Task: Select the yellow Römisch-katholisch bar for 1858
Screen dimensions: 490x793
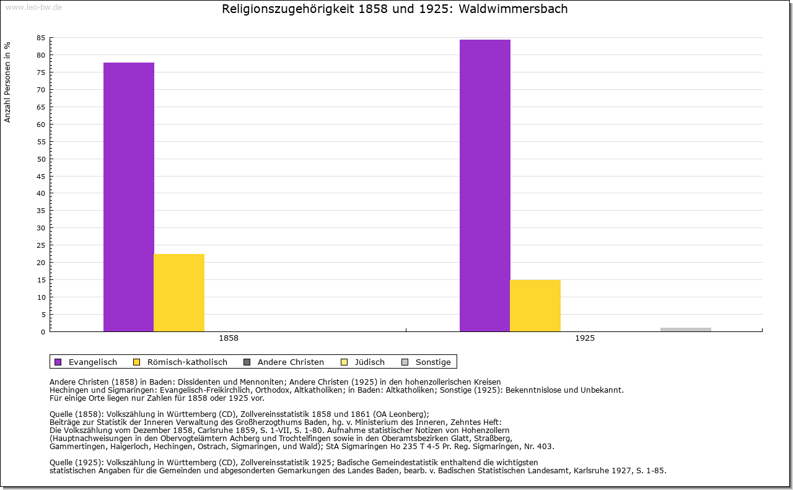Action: (x=179, y=292)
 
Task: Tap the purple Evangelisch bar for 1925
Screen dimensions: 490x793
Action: (x=485, y=185)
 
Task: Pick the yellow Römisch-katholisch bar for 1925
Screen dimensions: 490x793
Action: (x=535, y=305)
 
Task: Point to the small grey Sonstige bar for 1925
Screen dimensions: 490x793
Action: (x=685, y=330)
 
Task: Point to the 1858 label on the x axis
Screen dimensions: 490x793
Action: (x=229, y=339)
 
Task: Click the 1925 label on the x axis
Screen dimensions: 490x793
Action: (x=585, y=339)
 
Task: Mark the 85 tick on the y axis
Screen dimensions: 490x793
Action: (x=41, y=38)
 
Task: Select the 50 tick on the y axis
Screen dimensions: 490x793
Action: (x=41, y=159)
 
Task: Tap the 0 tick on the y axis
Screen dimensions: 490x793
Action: (x=43, y=332)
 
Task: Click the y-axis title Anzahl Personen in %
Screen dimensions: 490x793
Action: (x=7, y=82)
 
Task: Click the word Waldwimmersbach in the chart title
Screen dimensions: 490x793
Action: (x=513, y=9)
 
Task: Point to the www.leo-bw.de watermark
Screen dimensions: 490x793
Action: (x=33, y=6)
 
